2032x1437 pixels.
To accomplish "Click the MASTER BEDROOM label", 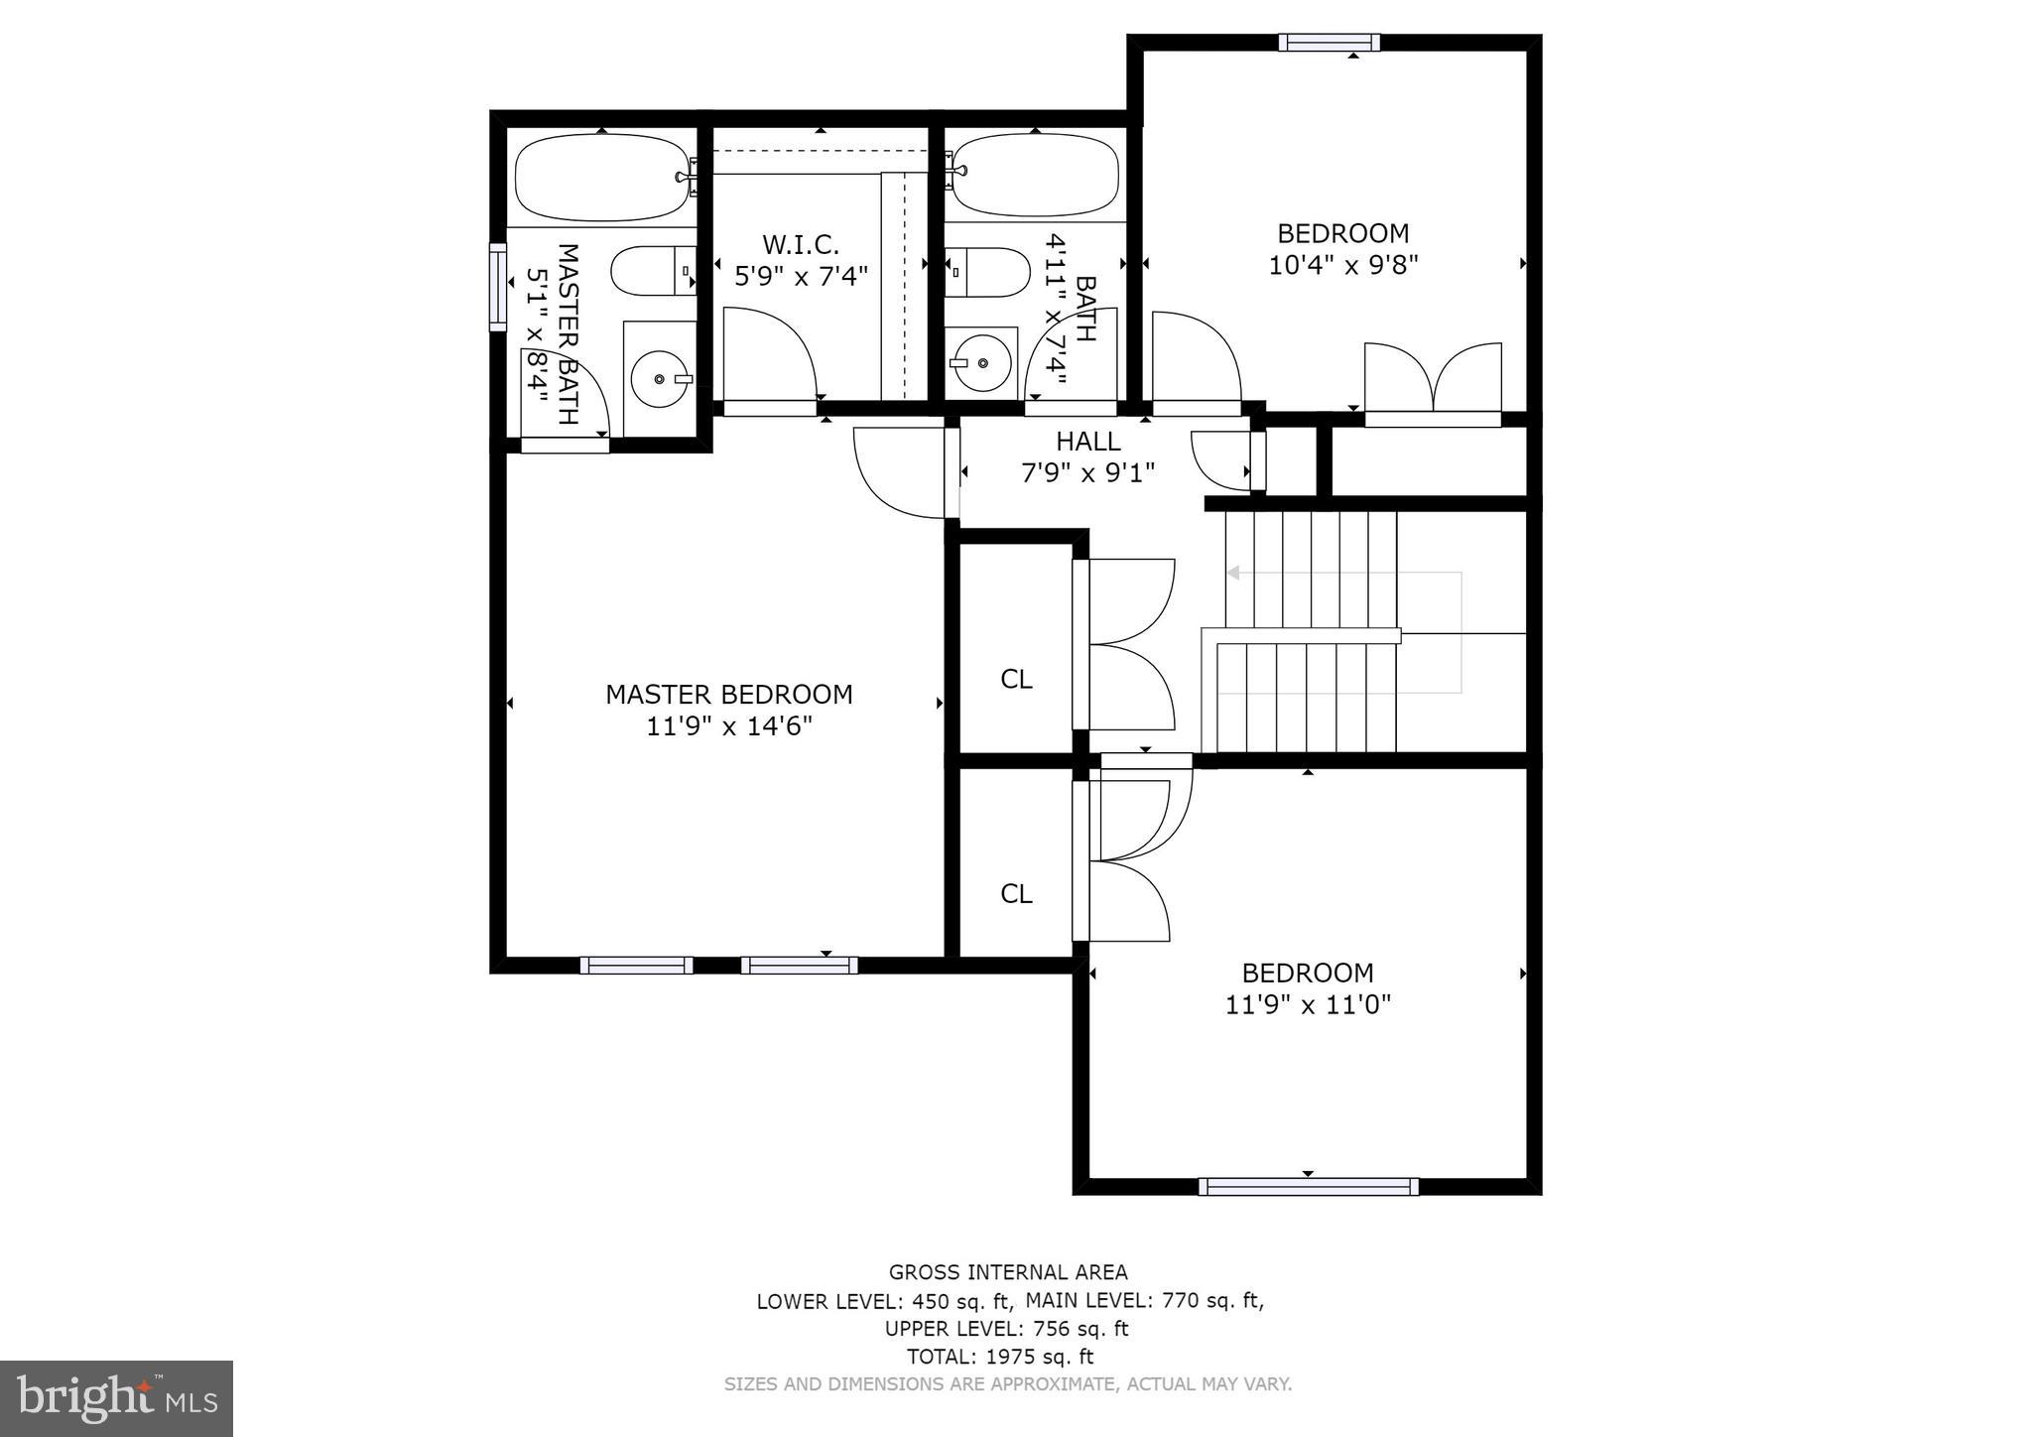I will click(x=728, y=695).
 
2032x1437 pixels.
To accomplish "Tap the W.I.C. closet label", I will click(x=800, y=244).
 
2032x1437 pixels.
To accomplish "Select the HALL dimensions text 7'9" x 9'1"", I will click(x=1088, y=473).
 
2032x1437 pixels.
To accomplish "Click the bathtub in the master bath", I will click(x=602, y=178).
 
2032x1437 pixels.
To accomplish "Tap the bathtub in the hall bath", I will click(x=1036, y=176).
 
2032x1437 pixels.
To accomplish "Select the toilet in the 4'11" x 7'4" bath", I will click(x=987, y=272).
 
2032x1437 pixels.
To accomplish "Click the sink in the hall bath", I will click(x=980, y=362).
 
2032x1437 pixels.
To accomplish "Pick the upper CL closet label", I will click(x=1016, y=680).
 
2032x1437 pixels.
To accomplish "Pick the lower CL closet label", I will click(x=1016, y=894).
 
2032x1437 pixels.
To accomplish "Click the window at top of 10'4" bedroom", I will click(x=1329, y=42).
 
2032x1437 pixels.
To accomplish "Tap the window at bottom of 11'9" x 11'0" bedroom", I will click(x=1308, y=1186).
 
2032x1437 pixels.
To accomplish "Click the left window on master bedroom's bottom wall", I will click(x=636, y=965).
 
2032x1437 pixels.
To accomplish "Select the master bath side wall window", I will click(x=497, y=287).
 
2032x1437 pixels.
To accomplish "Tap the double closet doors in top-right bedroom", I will click(x=1433, y=379).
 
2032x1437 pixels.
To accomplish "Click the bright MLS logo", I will click(x=116, y=1398).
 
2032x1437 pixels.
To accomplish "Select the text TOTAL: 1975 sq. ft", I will click(x=999, y=1356).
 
